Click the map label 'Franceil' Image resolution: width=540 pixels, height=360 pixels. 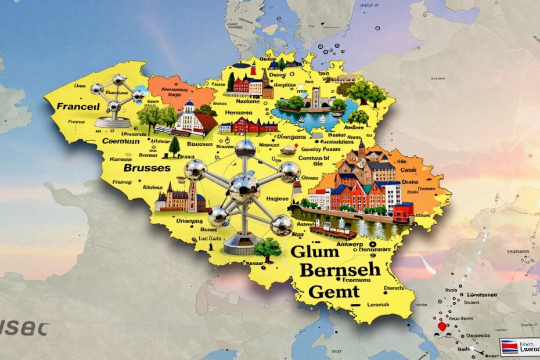point(78,107)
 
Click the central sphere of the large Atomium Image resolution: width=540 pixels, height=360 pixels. point(244,187)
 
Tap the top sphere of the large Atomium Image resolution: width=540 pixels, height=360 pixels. point(245,148)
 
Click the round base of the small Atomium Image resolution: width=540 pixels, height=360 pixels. point(114,122)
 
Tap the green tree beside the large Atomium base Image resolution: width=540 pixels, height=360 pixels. point(267,249)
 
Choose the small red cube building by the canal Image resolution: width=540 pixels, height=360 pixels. point(403,211)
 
